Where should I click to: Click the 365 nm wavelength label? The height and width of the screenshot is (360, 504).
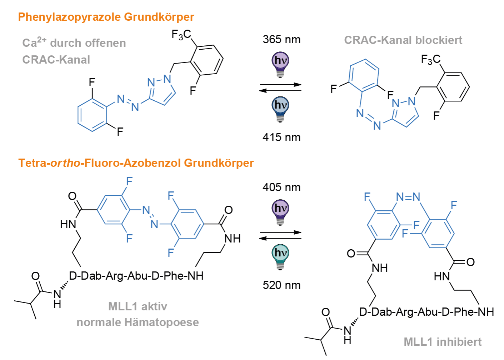click(x=281, y=40)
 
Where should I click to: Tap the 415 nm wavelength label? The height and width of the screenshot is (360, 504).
click(x=281, y=137)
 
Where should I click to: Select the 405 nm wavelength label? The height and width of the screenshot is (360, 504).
click(x=281, y=187)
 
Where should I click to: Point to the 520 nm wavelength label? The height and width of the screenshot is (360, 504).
click(x=281, y=285)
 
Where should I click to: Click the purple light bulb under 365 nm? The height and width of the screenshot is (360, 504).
click(x=280, y=65)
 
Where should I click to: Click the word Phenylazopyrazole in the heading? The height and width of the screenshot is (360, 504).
click(x=69, y=17)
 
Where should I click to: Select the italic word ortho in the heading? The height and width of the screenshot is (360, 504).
click(x=65, y=162)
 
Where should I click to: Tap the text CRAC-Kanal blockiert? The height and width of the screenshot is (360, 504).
click(x=403, y=40)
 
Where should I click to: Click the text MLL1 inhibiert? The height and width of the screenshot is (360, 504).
click(x=443, y=342)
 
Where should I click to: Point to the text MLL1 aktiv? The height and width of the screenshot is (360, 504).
click(x=138, y=306)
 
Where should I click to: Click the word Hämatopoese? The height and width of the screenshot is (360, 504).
click(x=161, y=322)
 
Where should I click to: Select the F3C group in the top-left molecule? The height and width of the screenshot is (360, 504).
click(x=181, y=35)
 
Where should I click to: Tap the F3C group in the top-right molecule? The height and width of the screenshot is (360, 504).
click(x=431, y=60)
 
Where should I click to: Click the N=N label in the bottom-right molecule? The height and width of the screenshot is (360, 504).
click(x=408, y=197)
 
